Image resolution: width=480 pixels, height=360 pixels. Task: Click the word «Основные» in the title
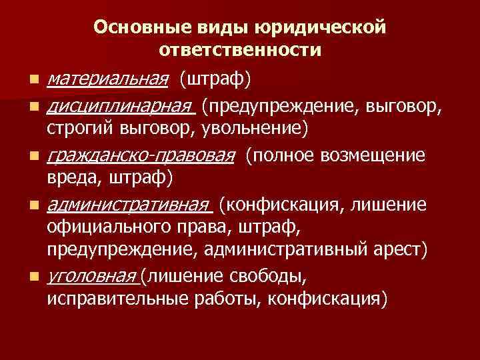133,28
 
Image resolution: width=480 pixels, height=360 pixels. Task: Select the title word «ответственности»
241,50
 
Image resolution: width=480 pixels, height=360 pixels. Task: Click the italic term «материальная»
107,81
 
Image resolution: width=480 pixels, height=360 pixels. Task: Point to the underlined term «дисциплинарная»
121,105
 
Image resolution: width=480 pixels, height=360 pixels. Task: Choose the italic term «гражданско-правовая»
141,155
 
